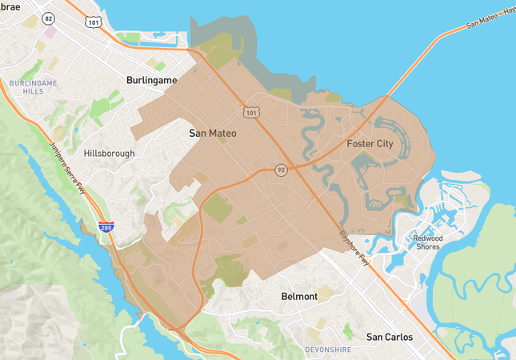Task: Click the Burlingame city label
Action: (151, 81)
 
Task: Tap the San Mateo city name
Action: (213, 133)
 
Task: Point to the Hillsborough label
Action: (109, 153)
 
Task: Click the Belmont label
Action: (300, 296)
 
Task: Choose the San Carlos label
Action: (390, 337)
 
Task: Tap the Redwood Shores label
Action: (433, 242)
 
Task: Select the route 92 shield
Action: (281, 170)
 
